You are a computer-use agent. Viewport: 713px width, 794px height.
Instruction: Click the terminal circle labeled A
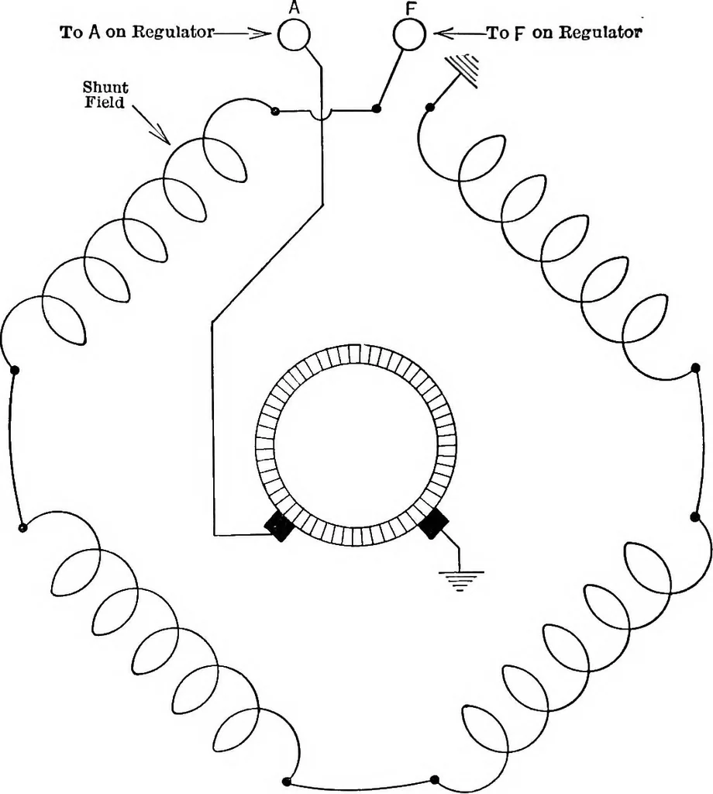[294, 34]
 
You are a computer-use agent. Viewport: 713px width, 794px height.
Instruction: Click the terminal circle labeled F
[409, 34]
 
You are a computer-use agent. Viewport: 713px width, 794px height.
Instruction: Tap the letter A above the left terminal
[294, 7]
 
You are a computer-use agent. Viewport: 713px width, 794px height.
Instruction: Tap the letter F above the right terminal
[411, 9]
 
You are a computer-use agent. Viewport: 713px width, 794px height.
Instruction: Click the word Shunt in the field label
[105, 88]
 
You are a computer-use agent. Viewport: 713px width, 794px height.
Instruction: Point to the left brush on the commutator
[279, 526]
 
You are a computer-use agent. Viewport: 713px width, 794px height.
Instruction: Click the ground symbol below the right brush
[460, 581]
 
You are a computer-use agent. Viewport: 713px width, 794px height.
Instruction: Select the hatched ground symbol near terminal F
[463, 71]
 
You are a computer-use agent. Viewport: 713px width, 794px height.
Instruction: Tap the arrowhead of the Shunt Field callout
[163, 136]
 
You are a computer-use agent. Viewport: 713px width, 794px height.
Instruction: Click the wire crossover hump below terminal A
[322, 116]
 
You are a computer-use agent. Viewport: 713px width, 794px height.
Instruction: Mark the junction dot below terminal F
[376, 109]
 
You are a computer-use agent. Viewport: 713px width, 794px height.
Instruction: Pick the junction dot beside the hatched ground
[429, 107]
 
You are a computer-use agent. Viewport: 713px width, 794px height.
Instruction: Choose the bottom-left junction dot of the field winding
[288, 780]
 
